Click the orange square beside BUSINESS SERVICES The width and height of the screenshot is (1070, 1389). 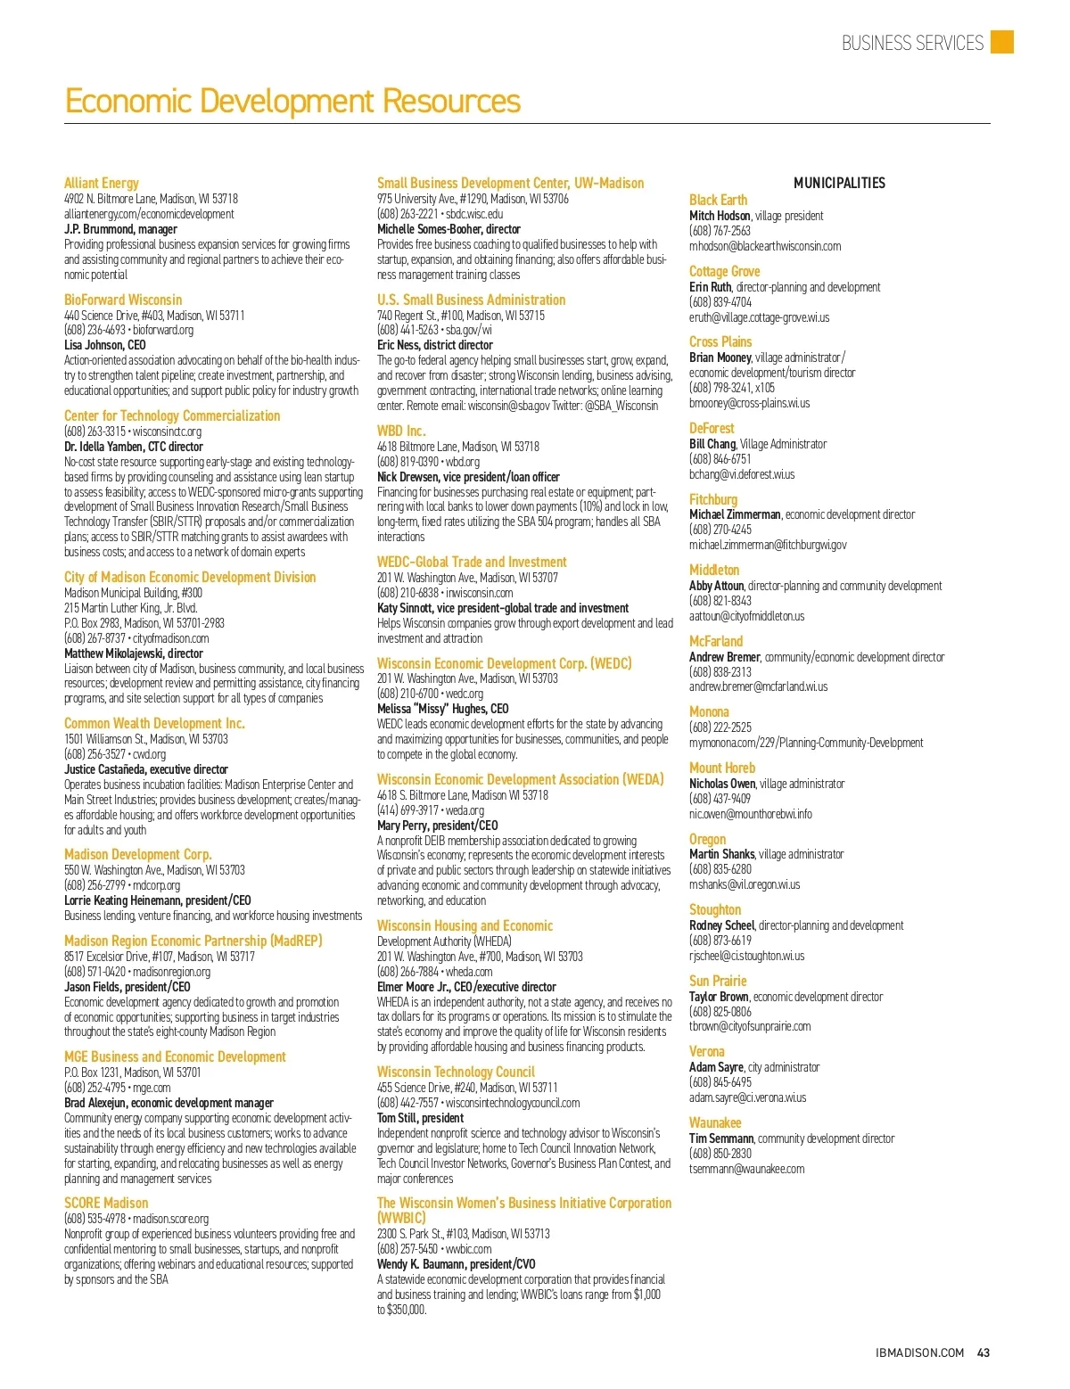pos(1002,42)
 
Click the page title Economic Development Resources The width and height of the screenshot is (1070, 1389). pos(292,101)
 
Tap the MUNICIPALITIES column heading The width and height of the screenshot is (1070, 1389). pos(839,183)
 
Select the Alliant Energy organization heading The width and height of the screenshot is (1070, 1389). pos(102,183)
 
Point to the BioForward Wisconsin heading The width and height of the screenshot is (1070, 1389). pos(123,300)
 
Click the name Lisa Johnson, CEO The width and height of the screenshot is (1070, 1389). pos(104,345)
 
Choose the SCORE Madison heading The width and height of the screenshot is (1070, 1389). pos(106,1203)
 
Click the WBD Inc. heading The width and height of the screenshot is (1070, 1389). pos(401,431)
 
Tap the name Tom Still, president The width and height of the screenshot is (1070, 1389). pos(420,1118)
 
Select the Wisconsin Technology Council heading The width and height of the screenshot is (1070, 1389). pos(456,1072)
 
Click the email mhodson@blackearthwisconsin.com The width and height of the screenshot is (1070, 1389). pos(764,246)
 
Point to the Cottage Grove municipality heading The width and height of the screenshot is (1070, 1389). pos(724,271)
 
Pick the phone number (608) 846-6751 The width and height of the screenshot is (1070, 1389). pos(720,459)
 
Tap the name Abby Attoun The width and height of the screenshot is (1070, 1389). pos(716,586)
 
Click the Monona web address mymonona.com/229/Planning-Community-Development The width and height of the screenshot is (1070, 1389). pos(806,743)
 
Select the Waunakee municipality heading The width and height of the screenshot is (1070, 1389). pos(715,1122)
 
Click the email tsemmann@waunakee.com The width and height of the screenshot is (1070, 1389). pos(746,1169)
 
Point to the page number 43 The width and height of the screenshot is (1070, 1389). pos(984,1352)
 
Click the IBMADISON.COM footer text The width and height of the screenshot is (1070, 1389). pos(919,1352)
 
